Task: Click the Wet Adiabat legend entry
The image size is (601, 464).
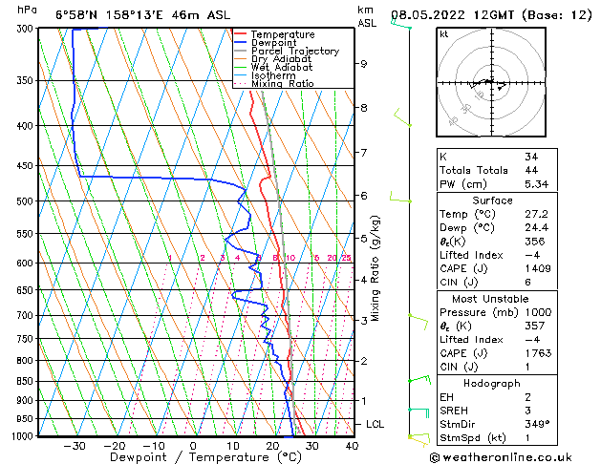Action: tap(282, 67)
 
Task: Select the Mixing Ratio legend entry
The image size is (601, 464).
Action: tap(282, 83)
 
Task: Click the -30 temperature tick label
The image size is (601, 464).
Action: tap(74, 445)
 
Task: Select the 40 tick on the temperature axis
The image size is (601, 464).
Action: tap(352, 445)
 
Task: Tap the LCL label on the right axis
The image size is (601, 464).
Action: tap(376, 424)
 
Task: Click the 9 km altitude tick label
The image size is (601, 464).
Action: tap(364, 64)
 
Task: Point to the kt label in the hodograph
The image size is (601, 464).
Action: tap(443, 34)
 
